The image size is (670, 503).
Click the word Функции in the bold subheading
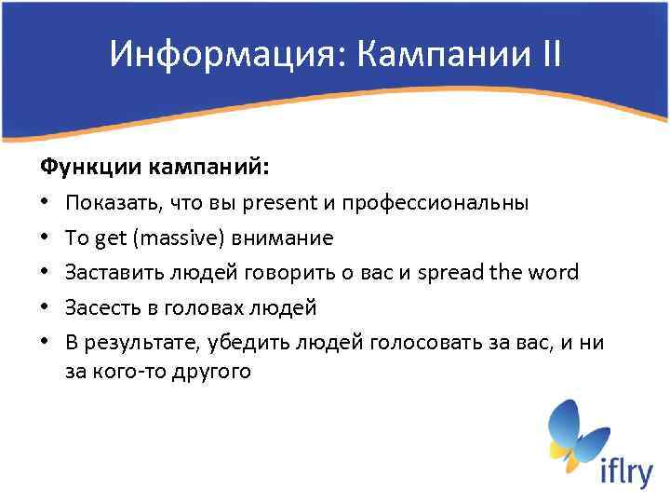(87, 168)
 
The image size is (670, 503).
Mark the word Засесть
(99, 306)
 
